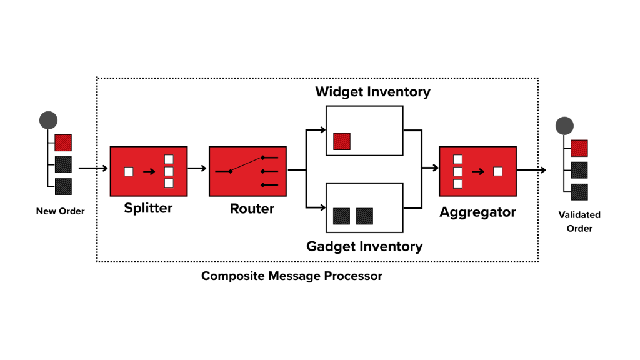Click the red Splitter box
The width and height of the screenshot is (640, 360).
tap(148, 171)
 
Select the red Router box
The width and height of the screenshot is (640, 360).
tap(247, 171)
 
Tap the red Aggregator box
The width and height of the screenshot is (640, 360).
tap(477, 171)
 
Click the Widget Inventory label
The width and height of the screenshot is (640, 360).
tap(372, 92)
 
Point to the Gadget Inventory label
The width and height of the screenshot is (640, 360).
tap(364, 246)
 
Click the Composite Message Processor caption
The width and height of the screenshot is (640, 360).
tap(291, 276)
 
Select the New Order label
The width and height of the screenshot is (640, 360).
tap(60, 211)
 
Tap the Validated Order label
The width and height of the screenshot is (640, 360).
tap(579, 221)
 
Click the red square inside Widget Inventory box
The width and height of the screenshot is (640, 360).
tap(342, 141)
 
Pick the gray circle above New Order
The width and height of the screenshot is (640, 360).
tap(48, 120)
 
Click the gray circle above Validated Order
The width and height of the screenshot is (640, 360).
tap(564, 126)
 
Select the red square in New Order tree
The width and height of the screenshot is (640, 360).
tap(63, 143)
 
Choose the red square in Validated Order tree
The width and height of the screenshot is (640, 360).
tap(579, 148)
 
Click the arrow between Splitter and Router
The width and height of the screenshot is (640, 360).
tap(197, 168)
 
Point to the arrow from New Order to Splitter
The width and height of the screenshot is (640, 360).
tap(94, 168)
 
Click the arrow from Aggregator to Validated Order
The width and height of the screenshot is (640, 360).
tap(531, 170)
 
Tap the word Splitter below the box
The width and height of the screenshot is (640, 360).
tap(148, 208)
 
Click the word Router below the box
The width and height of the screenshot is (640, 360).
tap(252, 208)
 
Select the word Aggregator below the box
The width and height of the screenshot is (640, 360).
tap(477, 212)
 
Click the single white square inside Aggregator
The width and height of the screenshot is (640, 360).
tap(497, 171)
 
